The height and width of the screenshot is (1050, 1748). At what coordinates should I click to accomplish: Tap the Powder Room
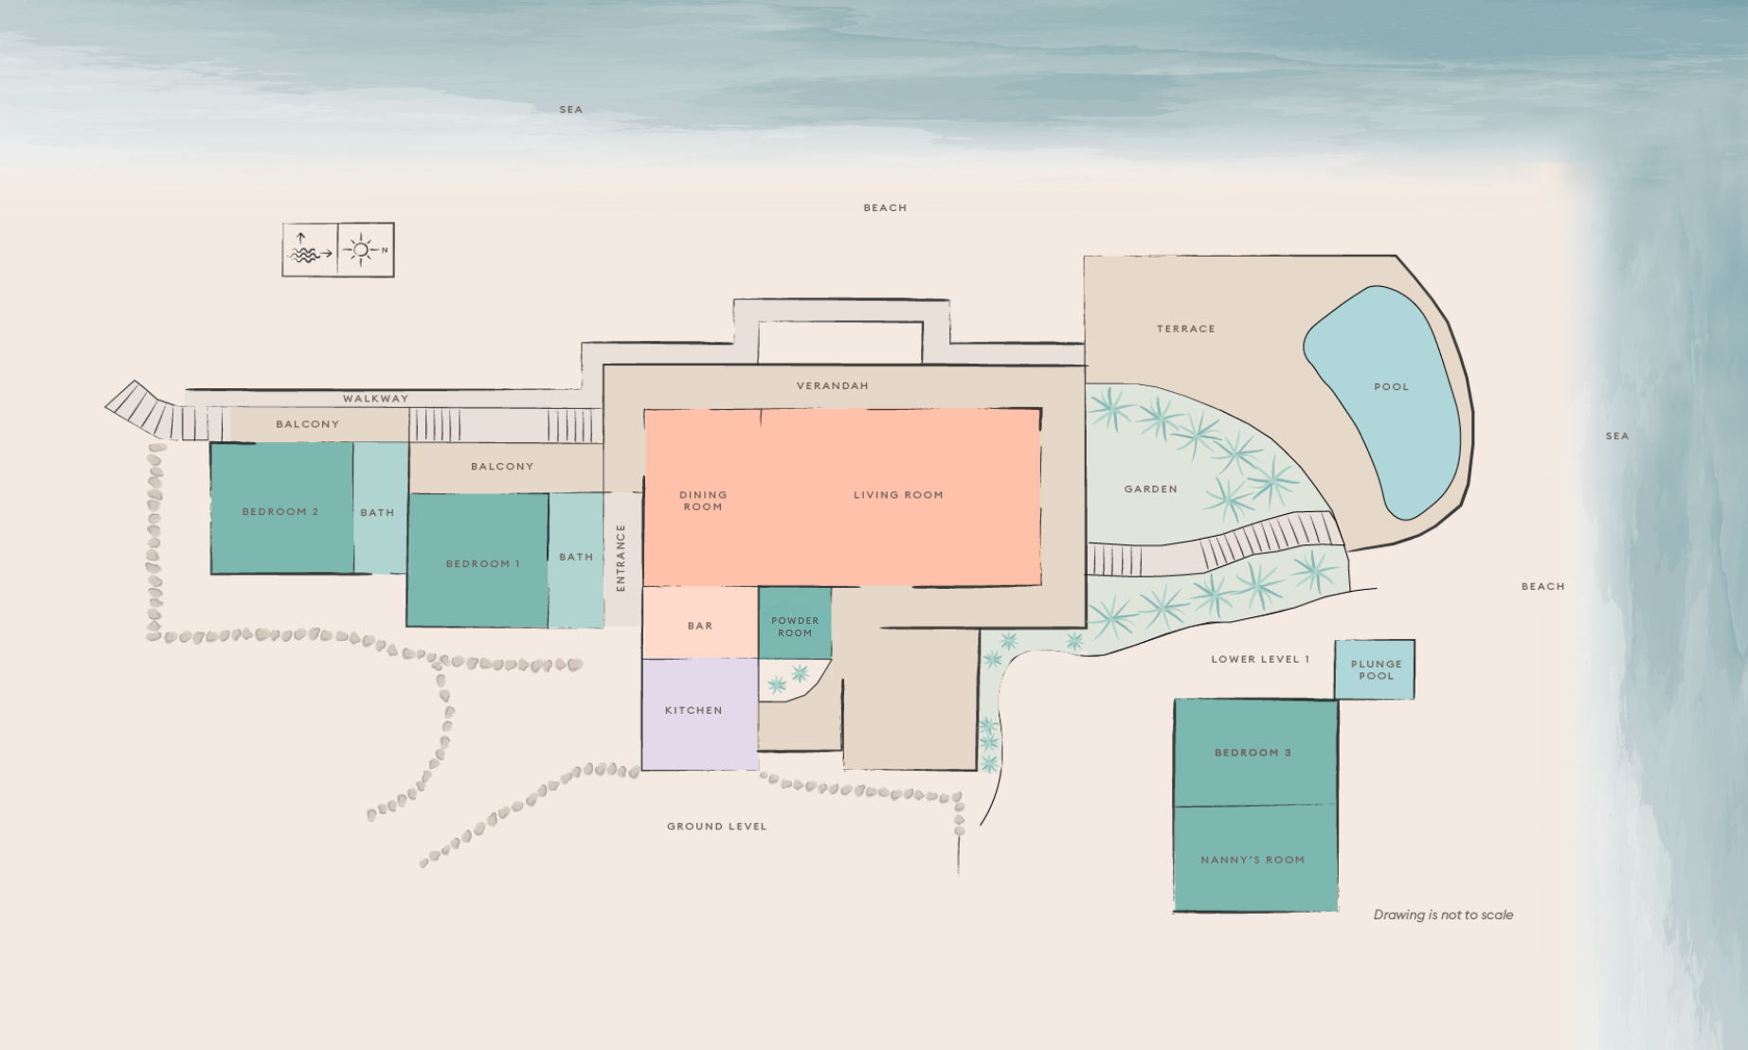pyautogui.click(x=795, y=625)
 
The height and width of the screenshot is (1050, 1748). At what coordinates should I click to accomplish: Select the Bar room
pyautogui.click(x=700, y=624)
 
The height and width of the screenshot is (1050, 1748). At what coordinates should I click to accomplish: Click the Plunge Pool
pyautogui.click(x=1375, y=669)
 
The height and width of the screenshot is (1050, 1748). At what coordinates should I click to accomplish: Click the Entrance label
pyautogui.click(x=622, y=558)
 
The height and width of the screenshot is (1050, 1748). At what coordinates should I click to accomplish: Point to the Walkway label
pyautogui.click(x=375, y=399)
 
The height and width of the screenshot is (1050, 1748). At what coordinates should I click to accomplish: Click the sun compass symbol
pyautogui.click(x=364, y=250)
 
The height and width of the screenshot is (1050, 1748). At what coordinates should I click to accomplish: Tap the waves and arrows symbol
pyautogui.click(x=309, y=250)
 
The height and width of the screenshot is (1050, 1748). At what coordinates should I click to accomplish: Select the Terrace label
pyautogui.click(x=1185, y=329)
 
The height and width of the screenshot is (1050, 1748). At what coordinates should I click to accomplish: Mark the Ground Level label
pyautogui.click(x=716, y=827)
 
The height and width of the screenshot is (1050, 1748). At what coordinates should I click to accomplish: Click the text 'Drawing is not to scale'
pyautogui.click(x=1443, y=915)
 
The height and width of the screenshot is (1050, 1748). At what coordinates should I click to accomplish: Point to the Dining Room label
pyautogui.click(x=703, y=500)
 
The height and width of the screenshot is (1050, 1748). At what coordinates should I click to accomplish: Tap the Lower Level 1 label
pyautogui.click(x=1259, y=659)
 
